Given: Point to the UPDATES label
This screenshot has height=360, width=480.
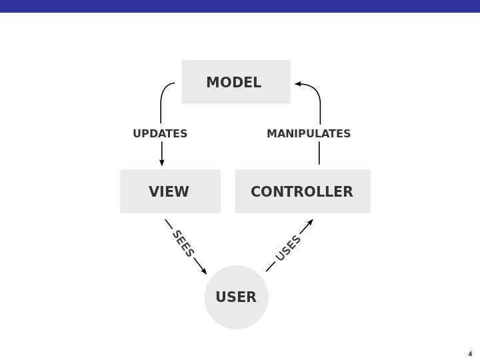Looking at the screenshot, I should pos(160,133).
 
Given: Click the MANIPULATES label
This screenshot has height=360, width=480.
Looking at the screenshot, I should pos(309,133).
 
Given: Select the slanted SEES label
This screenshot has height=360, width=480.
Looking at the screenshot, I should pos(183,243).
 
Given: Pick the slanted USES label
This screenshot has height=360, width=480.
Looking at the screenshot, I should pos(289,248).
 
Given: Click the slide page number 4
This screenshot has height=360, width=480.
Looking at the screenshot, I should pos(470,353).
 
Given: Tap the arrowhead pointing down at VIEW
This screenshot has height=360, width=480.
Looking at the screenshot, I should pos(161,162).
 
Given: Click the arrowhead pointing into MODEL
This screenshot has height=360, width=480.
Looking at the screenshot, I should pos(298,84).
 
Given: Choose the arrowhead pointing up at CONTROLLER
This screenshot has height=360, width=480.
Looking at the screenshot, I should pos(310,222).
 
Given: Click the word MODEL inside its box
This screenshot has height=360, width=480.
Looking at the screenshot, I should pos(233,83).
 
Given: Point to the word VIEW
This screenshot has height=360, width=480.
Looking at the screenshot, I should pos(169,192).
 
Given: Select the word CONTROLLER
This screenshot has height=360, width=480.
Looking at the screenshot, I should pos(301,192).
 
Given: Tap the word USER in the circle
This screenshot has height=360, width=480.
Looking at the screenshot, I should pos(236,297).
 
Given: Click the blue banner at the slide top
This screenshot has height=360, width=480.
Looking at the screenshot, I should pos(240,6).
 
